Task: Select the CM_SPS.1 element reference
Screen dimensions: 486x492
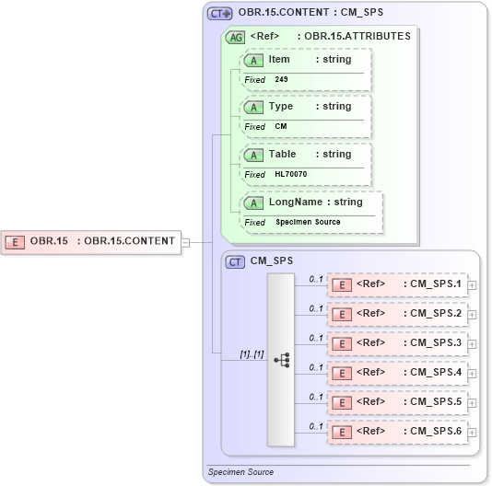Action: pos(399,284)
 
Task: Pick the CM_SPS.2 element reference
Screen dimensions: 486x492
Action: pos(399,314)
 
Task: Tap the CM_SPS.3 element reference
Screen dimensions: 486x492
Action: pos(399,343)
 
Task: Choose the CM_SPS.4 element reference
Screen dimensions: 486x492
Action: pos(399,373)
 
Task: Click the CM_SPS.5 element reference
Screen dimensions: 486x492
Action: pos(399,402)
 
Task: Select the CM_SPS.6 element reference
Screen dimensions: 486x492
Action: pos(399,432)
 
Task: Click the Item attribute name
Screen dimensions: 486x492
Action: pos(279,60)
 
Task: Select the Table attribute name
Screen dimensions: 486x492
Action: pos(282,154)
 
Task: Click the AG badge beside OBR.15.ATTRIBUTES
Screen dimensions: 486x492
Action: pos(236,37)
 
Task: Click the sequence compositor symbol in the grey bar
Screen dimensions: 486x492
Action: pos(281,359)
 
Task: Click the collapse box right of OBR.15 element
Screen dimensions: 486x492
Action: pos(185,242)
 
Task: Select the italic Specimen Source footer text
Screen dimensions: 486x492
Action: pos(240,472)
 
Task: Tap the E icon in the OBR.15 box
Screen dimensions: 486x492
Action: pos(16,242)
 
